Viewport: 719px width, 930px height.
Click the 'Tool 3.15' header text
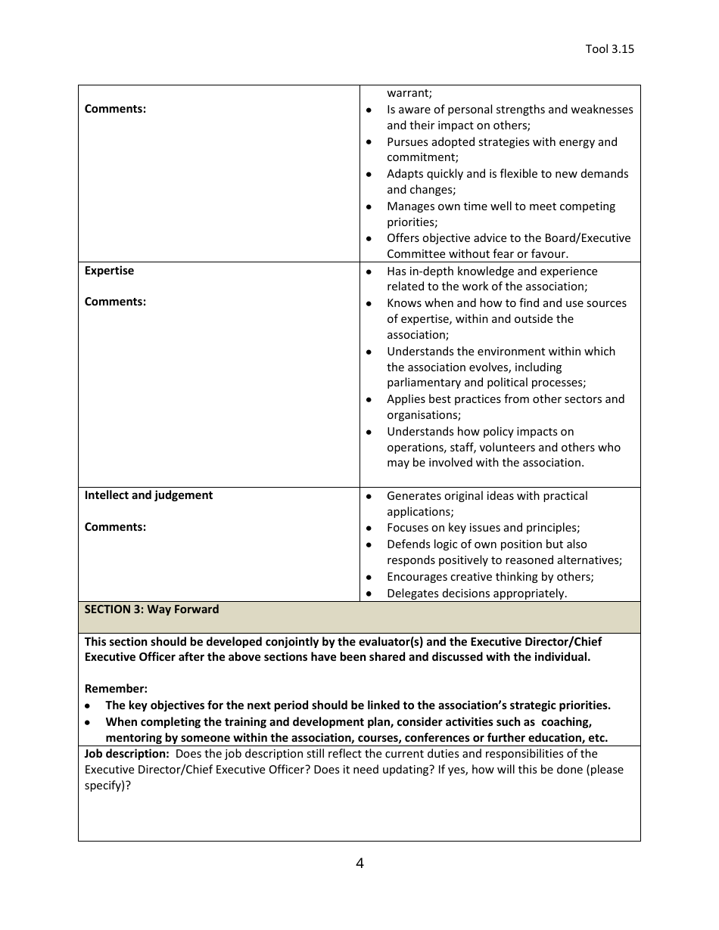click(609, 49)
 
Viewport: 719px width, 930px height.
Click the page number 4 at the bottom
click(359, 863)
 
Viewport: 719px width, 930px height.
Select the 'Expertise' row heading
click(109, 271)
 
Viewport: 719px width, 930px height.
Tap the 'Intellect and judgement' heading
click(148, 495)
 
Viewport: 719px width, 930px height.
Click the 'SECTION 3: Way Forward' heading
click(151, 609)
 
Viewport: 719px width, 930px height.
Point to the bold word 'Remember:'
click(116, 689)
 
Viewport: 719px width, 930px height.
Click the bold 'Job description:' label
click(126, 754)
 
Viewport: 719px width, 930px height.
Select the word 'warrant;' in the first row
click(409, 93)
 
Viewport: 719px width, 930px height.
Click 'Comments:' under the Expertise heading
click(115, 302)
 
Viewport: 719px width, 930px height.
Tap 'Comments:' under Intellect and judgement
click(115, 527)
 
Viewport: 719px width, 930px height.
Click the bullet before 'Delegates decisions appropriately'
click(369, 594)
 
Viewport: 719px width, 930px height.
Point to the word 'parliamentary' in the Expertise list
click(422, 383)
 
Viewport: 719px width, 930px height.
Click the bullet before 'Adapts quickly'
click(369, 175)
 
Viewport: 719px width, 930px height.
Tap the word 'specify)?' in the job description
click(107, 786)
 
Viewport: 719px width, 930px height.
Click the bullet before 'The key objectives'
click(89, 706)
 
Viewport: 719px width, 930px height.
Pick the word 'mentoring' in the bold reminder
click(134, 738)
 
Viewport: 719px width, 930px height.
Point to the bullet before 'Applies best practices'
click(369, 400)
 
